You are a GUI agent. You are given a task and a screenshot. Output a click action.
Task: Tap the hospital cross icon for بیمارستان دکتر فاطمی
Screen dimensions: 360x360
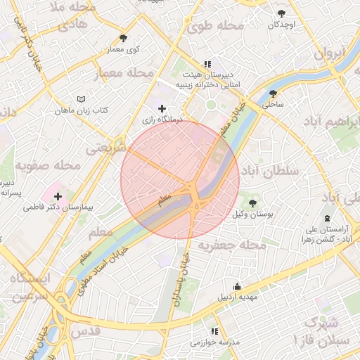click(58, 196)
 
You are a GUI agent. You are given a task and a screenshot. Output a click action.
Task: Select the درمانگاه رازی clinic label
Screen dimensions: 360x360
click(162, 120)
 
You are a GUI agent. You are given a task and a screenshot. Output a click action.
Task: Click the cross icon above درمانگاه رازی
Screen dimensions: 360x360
click(162, 108)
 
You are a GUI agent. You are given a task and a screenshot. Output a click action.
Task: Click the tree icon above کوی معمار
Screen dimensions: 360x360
click(124, 38)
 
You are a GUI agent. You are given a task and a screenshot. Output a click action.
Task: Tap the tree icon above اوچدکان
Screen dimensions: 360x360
click(281, 13)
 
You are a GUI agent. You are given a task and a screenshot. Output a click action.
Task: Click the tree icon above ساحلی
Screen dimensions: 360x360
click(273, 93)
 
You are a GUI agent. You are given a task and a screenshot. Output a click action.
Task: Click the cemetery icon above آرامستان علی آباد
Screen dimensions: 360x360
click(328, 218)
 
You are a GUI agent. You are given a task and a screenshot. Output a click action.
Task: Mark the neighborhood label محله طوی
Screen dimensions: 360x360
click(215, 26)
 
